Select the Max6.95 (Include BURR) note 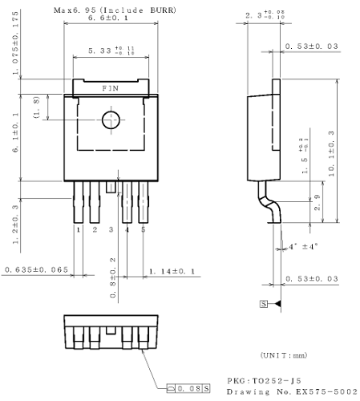coord(115,9)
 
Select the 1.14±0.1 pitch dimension coord(173,270)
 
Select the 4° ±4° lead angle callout coord(302,245)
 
